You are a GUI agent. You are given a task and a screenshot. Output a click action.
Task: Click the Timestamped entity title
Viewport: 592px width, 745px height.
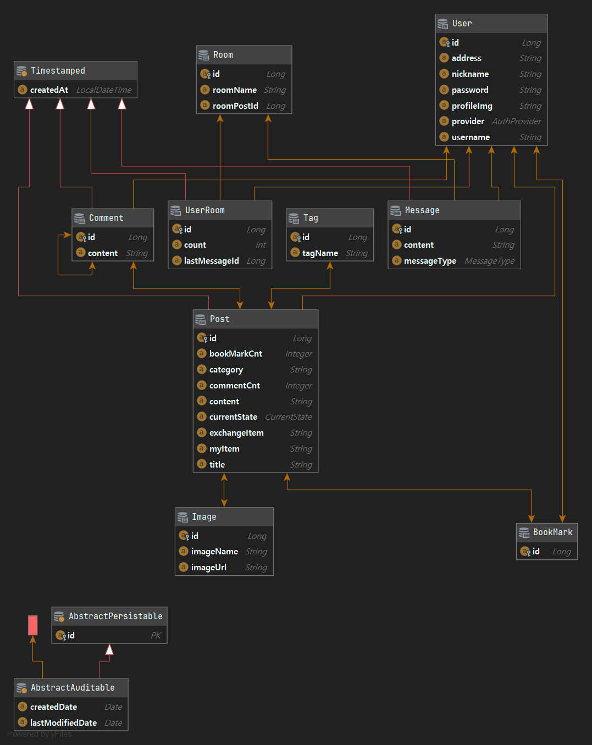click(x=58, y=71)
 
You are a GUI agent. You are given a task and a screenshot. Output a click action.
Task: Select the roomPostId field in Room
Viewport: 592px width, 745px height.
click(x=235, y=106)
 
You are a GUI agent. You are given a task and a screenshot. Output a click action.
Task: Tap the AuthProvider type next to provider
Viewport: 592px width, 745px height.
click(x=516, y=121)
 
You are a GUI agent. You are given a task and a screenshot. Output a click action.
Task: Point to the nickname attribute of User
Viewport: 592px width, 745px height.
click(x=470, y=74)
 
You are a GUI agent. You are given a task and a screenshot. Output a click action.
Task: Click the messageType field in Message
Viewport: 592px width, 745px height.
click(x=430, y=261)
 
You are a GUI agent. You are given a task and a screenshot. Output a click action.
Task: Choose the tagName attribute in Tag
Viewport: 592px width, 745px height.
click(x=320, y=253)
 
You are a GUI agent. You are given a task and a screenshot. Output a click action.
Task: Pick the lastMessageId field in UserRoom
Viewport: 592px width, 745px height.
click(x=211, y=261)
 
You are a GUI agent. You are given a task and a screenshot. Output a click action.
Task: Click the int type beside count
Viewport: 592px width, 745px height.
click(x=261, y=245)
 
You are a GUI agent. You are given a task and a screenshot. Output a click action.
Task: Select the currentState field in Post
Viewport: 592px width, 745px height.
click(x=233, y=417)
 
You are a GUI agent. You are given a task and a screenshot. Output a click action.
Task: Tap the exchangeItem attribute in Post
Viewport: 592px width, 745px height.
click(x=236, y=433)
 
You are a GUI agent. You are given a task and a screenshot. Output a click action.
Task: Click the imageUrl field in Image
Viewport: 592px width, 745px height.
click(x=208, y=568)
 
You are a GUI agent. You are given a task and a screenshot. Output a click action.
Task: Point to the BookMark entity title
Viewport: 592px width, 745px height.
click(x=552, y=532)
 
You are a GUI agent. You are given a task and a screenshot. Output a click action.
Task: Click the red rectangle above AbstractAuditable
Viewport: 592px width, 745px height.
click(x=33, y=625)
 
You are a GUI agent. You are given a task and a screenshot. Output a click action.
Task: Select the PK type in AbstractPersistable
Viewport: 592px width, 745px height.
click(x=156, y=636)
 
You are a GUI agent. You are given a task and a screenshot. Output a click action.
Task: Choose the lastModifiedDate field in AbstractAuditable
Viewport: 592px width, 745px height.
click(x=63, y=723)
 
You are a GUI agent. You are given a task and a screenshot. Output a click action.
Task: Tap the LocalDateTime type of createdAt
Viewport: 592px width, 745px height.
click(x=104, y=90)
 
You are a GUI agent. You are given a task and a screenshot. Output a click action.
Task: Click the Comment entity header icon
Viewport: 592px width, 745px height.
click(x=80, y=218)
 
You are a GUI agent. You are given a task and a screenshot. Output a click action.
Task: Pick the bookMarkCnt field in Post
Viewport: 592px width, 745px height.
click(x=235, y=354)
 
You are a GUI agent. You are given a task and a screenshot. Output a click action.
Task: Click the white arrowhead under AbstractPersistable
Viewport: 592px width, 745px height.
click(x=109, y=650)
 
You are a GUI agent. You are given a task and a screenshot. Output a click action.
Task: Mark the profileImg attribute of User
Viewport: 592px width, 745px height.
click(x=472, y=106)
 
